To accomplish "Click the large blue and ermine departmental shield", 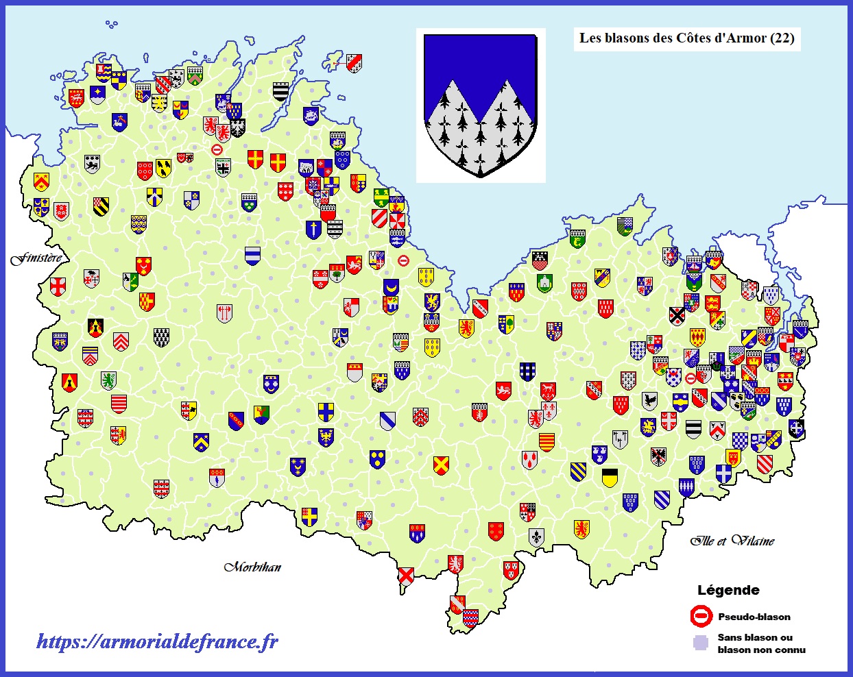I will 480,103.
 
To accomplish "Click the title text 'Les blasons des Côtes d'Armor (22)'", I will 686,38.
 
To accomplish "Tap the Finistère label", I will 36,258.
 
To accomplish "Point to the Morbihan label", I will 252,567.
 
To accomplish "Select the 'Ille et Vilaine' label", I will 732,541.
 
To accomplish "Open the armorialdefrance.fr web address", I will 157,641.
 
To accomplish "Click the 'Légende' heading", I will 728,590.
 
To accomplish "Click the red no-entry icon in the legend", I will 701,617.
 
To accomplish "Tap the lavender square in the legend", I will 700,643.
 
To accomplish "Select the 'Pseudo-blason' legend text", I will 754,617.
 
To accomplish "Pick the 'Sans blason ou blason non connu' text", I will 761,643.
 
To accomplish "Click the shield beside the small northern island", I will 354,63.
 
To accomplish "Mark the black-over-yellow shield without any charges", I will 610,477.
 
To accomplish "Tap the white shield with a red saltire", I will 406,575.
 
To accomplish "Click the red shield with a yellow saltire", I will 441,465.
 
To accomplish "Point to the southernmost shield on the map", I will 470,618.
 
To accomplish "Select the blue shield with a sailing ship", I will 311,115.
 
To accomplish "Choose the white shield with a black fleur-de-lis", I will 536,537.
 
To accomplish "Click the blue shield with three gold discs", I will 377,458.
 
